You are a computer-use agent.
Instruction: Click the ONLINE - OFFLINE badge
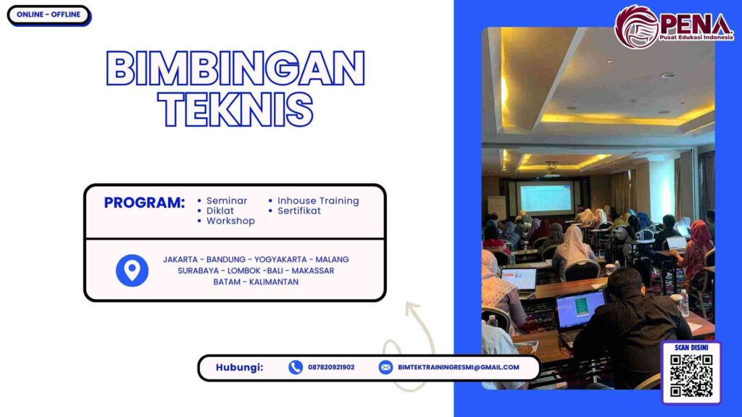pyautogui.click(x=48, y=14)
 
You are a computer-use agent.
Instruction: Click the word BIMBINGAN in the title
pyautogui.click(x=235, y=70)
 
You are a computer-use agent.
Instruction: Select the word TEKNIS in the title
pyautogui.click(x=235, y=110)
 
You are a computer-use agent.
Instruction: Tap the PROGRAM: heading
pyautogui.click(x=144, y=203)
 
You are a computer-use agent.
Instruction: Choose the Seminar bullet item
pyautogui.click(x=226, y=201)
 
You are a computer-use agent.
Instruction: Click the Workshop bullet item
pyautogui.click(x=230, y=221)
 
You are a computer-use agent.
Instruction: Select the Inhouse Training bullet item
pyautogui.click(x=317, y=201)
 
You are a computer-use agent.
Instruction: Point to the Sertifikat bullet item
pyautogui.click(x=299, y=211)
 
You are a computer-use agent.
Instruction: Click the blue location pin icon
pyautogui.click(x=132, y=270)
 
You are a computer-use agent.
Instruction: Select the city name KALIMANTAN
pyautogui.click(x=274, y=282)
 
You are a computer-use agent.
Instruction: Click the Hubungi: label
pyautogui.click(x=239, y=367)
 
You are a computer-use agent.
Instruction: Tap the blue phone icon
pyautogui.click(x=296, y=367)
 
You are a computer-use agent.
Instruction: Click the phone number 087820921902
pyautogui.click(x=331, y=367)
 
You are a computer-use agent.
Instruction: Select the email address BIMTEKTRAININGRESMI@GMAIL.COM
pyautogui.click(x=458, y=367)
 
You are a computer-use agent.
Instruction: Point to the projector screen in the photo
pyautogui.click(x=545, y=197)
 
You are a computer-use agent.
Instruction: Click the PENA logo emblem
pyautogui.click(x=636, y=27)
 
